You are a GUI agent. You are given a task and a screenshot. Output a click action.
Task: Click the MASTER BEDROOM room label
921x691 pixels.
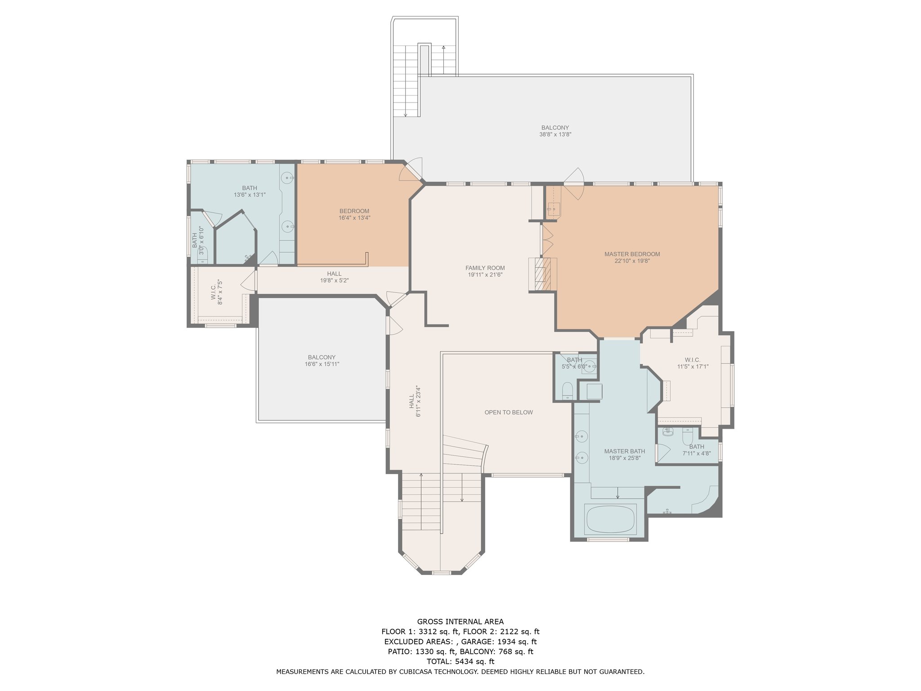[x=632, y=254]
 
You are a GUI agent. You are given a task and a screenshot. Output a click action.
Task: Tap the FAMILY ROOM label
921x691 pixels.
[x=485, y=268]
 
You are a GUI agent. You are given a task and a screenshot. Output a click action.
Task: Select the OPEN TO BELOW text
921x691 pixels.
[x=509, y=412]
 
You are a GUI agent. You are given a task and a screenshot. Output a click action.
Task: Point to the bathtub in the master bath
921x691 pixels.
[x=610, y=520]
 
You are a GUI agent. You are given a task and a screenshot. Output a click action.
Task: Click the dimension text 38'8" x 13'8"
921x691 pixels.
[x=555, y=135]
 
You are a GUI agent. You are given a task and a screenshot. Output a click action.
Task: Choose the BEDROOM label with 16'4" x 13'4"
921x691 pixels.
[x=354, y=211]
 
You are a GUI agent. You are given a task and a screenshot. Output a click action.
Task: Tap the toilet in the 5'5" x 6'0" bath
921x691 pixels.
[x=568, y=390]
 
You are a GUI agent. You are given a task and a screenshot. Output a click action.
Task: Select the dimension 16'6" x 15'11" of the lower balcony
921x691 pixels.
[x=322, y=364]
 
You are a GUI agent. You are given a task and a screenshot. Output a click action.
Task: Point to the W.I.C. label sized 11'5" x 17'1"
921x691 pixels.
[x=693, y=360]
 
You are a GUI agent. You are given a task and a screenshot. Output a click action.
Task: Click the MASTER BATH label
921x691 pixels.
[x=625, y=451]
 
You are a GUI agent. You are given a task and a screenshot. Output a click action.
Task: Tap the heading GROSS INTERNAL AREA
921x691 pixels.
[x=460, y=622]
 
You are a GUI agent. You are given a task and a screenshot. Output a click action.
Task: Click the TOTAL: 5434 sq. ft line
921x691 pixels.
[x=460, y=661]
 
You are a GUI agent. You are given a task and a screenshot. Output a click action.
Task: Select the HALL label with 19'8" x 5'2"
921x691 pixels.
[x=334, y=274]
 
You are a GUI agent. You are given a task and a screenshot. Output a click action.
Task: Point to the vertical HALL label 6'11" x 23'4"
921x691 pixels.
[x=411, y=401]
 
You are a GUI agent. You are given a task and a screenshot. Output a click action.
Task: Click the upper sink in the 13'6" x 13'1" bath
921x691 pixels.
[x=287, y=179]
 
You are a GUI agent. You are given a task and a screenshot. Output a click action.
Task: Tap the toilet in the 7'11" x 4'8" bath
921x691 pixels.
[x=688, y=436]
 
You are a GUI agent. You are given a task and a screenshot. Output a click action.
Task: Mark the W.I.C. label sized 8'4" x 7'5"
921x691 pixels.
[x=214, y=292]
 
